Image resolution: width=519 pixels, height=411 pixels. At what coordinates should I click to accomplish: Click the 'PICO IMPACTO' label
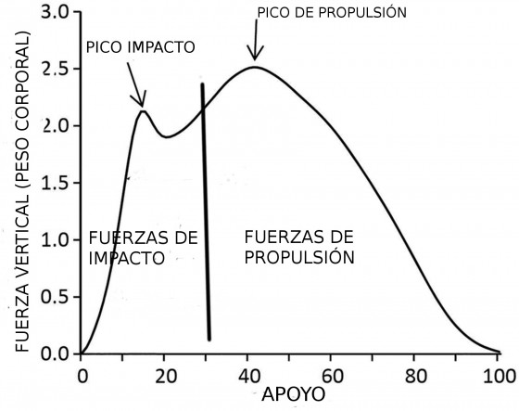(140, 46)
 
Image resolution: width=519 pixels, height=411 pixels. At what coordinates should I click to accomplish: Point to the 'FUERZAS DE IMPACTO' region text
(143, 248)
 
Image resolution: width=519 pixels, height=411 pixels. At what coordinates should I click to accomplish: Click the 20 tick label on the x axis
(165, 376)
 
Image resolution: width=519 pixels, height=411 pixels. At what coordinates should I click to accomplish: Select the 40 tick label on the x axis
(248, 376)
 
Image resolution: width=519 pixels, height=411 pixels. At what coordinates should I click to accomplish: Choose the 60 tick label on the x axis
(332, 376)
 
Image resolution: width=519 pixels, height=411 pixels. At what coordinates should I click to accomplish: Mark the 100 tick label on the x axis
(498, 376)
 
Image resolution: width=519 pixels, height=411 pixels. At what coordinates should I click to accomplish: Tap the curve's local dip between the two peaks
(167, 137)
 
